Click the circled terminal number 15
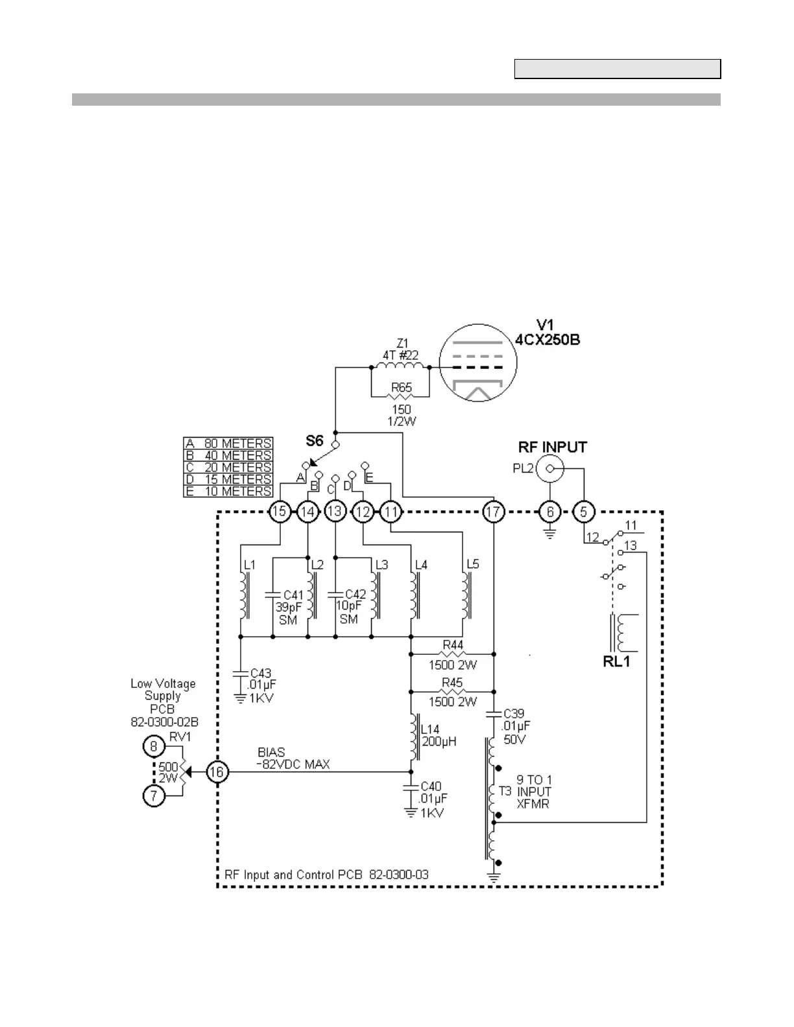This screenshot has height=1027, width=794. click(279, 512)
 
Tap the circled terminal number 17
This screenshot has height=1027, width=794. click(493, 512)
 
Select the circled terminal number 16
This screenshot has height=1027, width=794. click(217, 772)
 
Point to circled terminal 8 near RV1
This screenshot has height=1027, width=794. click(154, 746)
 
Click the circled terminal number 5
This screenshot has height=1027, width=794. click(583, 512)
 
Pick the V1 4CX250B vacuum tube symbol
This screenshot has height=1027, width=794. click(478, 363)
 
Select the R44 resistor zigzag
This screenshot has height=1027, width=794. click(452, 654)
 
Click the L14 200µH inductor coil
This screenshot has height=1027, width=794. click(413, 737)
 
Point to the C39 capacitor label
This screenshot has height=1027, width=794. click(514, 714)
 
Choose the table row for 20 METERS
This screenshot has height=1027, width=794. click(228, 467)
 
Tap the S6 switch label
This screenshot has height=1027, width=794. click(315, 441)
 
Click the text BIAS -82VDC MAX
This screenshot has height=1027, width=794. click(293, 759)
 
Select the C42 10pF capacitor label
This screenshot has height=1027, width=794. click(355, 595)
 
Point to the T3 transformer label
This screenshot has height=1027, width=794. click(505, 792)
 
